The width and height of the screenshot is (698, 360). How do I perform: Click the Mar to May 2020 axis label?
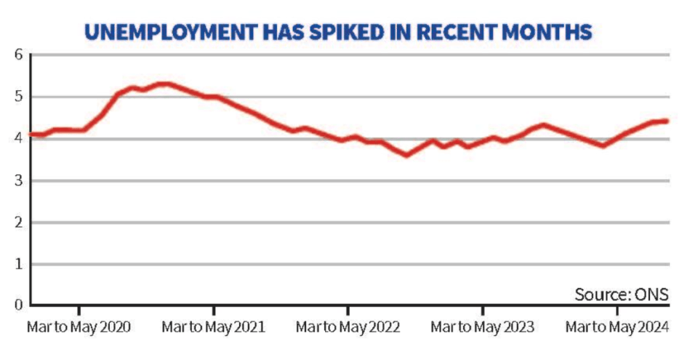point(79,327)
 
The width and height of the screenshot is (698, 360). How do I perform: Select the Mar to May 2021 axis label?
point(213,327)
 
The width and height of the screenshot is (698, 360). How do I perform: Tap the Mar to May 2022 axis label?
point(348,327)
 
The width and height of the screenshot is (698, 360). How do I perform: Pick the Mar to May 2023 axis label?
point(482,327)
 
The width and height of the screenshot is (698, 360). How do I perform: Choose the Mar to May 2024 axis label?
point(617,327)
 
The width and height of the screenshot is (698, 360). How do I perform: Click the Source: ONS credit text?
point(621,295)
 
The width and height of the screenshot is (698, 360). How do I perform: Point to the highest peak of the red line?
point(165,84)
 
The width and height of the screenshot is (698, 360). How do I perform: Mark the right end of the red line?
point(667,121)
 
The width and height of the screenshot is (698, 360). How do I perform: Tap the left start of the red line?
point(31,135)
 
